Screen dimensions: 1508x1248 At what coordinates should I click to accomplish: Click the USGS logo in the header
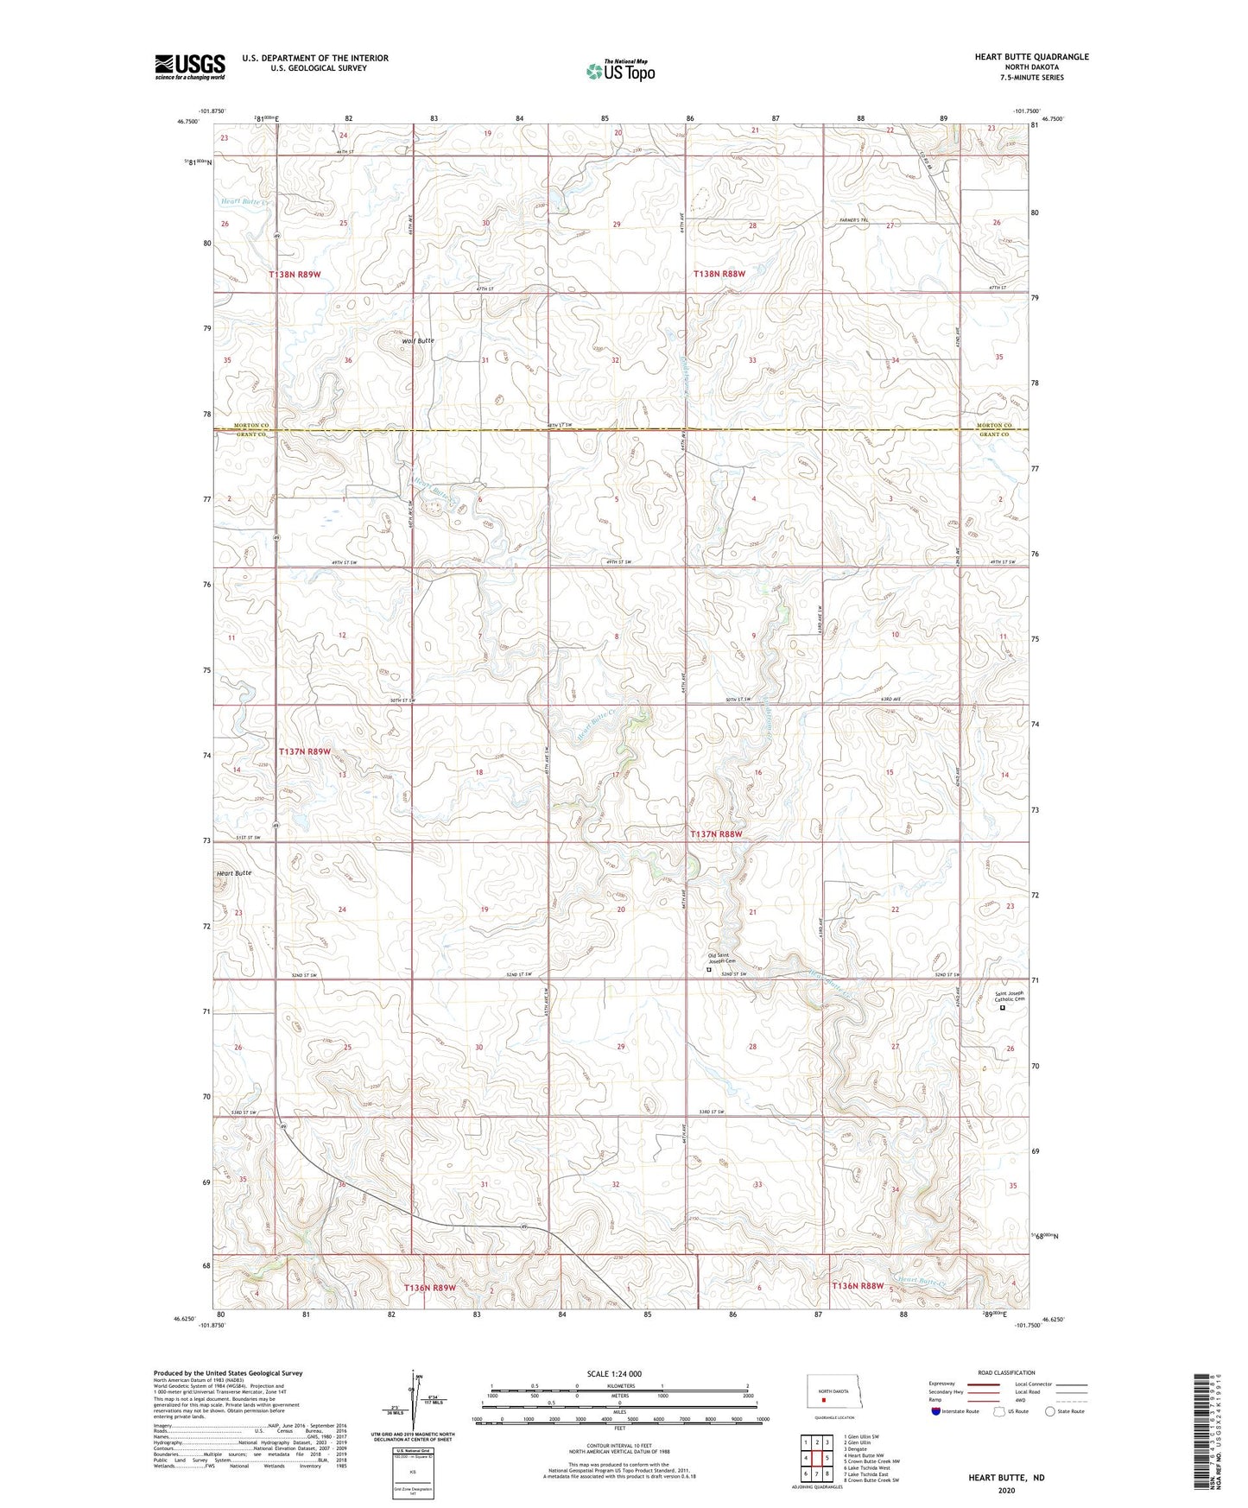[190, 67]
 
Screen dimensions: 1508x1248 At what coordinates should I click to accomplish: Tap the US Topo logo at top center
[620, 71]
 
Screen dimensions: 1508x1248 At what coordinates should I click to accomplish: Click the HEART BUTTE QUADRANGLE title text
[1031, 57]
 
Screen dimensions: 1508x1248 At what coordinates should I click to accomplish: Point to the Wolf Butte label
[418, 341]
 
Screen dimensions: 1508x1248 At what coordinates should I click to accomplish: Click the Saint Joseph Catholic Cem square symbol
[1003, 1008]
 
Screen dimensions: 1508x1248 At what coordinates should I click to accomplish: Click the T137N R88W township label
[716, 834]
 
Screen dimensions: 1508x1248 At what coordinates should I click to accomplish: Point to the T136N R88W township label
[858, 1286]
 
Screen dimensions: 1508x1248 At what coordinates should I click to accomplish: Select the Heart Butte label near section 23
[233, 873]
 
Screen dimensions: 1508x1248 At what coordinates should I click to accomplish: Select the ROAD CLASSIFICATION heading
[1006, 1372]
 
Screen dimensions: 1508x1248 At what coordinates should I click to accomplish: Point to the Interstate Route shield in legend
[936, 1411]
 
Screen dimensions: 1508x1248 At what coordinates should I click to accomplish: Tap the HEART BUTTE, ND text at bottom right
[1006, 1478]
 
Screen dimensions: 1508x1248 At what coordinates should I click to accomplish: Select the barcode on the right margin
[1200, 1429]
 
